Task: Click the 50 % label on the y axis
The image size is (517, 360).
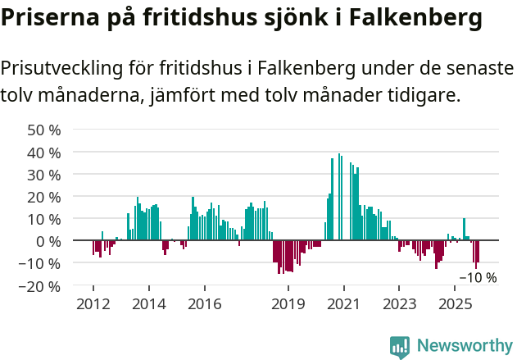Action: coord(44,130)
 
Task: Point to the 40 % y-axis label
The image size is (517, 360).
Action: coord(44,153)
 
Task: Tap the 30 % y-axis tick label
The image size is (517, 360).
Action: coord(44,175)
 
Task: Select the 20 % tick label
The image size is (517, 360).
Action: coord(44,197)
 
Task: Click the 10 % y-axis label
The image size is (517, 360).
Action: coord(44,219)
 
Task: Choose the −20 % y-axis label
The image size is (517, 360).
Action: coord(40,286)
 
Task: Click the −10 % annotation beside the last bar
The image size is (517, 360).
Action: coord(478,277)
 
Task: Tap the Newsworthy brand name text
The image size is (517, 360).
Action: coord(465,346)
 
